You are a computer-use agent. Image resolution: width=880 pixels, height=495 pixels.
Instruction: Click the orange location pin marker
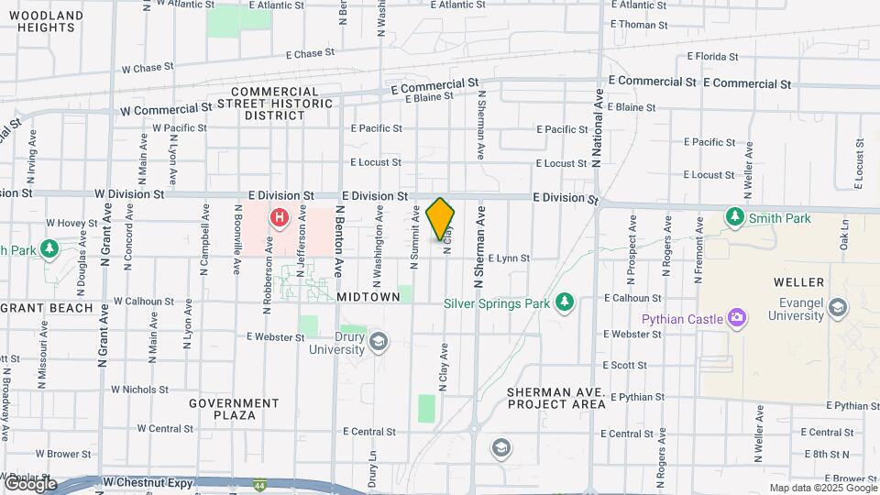pyautogui.click(x=440, y=219)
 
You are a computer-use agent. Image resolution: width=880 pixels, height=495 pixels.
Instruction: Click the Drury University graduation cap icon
pyautogui.click(x=379, y=342)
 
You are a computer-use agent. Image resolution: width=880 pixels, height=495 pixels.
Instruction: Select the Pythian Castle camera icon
pyautogui.click(x=736, y=318)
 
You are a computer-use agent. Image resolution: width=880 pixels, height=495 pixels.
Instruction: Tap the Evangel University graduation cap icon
pyautogui.click(x=837, y=308)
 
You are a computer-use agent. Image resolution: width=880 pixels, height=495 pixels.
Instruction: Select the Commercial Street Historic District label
pyautogui.click(x=275, y=104)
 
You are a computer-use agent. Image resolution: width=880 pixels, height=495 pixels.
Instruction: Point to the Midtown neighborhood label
pyautogui.click(x=368, y=297)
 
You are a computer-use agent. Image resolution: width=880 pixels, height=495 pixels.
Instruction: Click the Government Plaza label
pyautogui.click(x=234, y=409)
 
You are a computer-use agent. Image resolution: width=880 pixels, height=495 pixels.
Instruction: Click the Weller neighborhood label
pyautogui.click(x=798, y=281)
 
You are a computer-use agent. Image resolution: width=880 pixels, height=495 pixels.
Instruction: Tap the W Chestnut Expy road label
pyautogui.click(x=147, y=481)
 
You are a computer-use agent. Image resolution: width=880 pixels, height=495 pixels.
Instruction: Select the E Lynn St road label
pyautogui.click(x=509, y=258)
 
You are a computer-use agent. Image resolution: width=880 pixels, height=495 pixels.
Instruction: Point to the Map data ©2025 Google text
pyautogui.click(x=823, y=488)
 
